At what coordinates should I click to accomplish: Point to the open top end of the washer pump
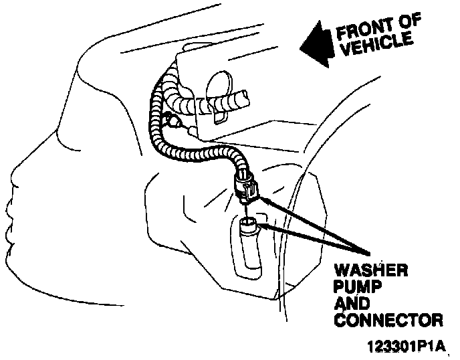click(247, 221)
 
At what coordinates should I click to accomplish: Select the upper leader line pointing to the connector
click(314, 225)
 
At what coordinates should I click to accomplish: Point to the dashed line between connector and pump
click(246, 208)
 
